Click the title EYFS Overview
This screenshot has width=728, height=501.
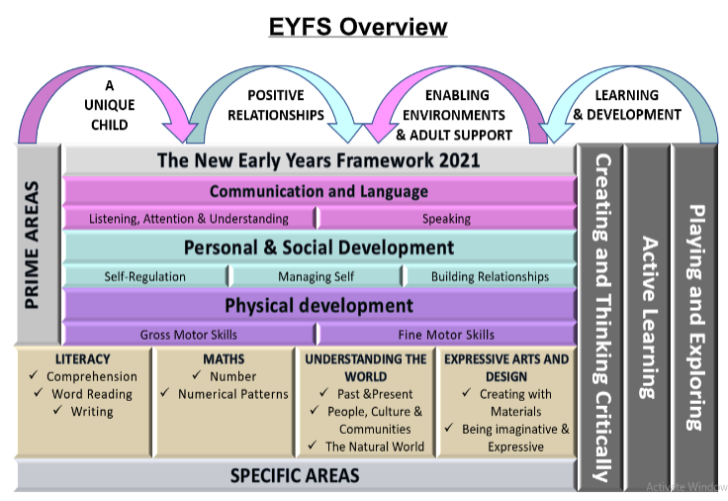tap(358, 27)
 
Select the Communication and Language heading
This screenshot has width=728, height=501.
tap(318, 191)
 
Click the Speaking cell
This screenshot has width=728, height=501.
tap(446, 218)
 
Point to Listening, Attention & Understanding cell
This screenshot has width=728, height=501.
tap(189, 218)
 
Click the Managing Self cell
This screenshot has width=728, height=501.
tap(316, 276)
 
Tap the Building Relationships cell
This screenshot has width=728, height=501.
tap(489, 276)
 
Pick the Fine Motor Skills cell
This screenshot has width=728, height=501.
tap(446, 335)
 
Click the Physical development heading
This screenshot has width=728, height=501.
tap(318, 306)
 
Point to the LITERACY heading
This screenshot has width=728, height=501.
tap(83, 359)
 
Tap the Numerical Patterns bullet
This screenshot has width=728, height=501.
tap(233, 394)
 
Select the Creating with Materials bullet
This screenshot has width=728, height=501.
tap(507, 403)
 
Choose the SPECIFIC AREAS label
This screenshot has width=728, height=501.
tap(295, 475)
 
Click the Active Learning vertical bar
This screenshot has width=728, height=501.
tap(649, 317)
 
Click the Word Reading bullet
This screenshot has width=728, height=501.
tap(92, 394)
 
